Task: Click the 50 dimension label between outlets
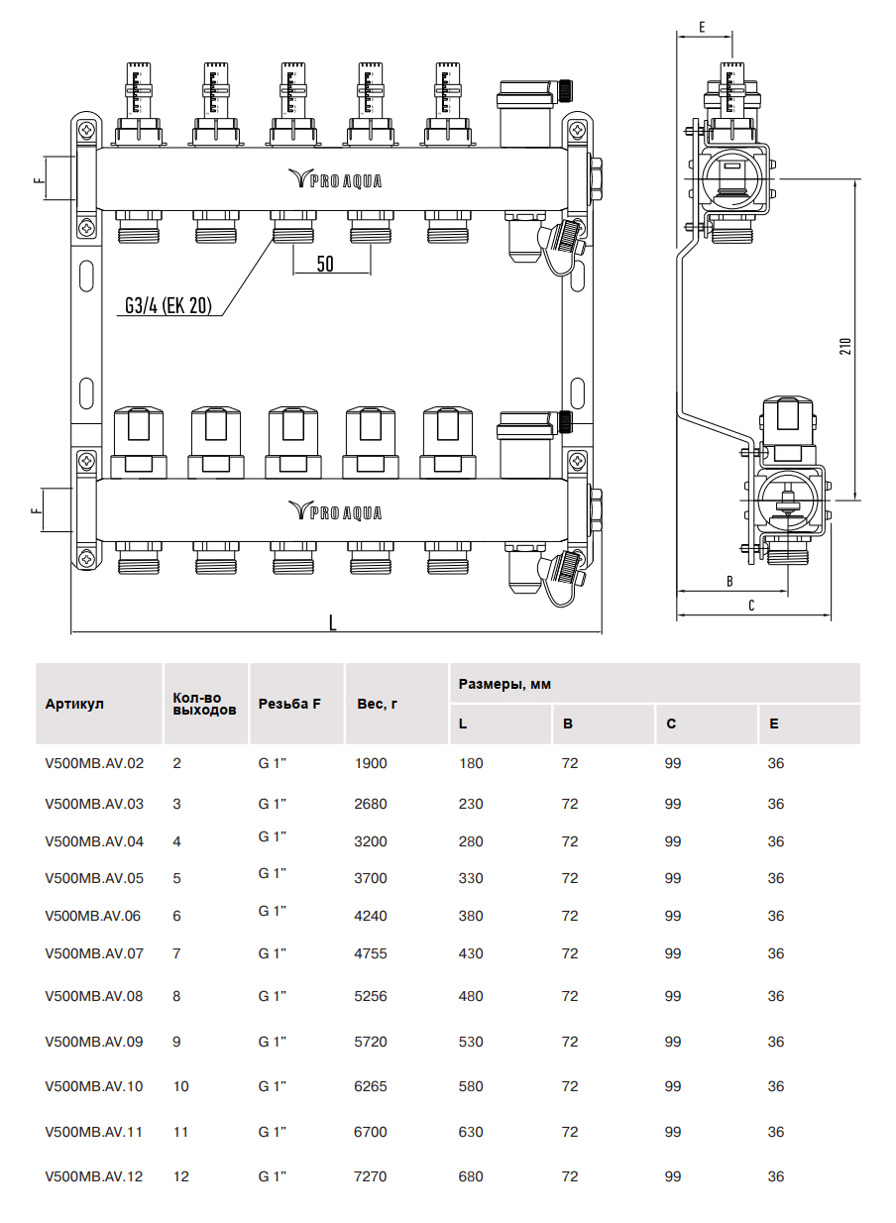pyautogui.click(x=325, y=264)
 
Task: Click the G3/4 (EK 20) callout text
pyautogui.click(x=168, y=306)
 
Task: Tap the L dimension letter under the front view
pyautogui.click(x=333, y=622)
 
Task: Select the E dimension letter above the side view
pyautogui.click(x=701, y=27)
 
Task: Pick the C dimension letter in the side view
pyautogui.click(x=750, y=606)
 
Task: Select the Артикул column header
pyautogui.click(x=74, y=705)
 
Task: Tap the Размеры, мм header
pyautogui.click(x=504, y=685)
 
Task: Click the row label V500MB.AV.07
pyautogui.click(x=94, y=953)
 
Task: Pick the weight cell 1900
pyautogui.click(x=371, y=764)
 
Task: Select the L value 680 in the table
pyautogui.click(x=471, y=1176)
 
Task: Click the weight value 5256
pyautogui.click(x=371, y=996)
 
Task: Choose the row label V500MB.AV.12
pyautogui.click(x=94, y=1176)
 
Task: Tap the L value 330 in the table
pyautogui.click(x=471, y=878)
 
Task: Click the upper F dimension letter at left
pyautogui.click(x=37, y=181)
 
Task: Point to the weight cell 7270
pyautogui.click(x=371, y=1176)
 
